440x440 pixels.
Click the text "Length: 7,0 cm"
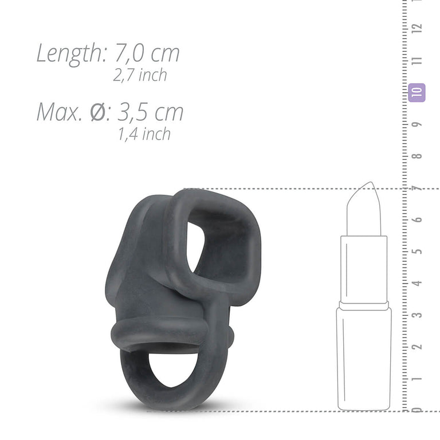coord(108,53)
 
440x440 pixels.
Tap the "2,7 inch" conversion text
coord(140,75)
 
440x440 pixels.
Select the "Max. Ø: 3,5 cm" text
coord(110,112)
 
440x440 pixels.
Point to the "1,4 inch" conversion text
coord(144,133)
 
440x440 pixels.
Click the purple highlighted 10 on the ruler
coord(417,92)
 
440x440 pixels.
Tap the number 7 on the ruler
coord(419,188)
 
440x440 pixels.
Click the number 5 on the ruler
coord(419,252)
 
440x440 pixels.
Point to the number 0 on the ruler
coord(419,409)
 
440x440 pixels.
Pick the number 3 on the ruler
coord(419,315)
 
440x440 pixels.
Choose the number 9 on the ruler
coord(419,124)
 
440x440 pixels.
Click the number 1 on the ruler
coord(419,378)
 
